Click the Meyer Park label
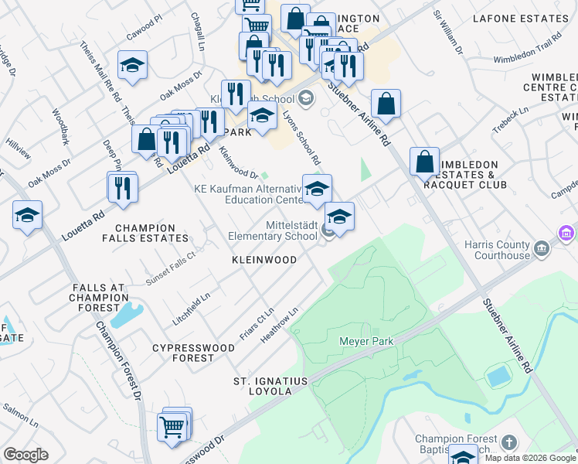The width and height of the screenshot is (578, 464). pos(366,341)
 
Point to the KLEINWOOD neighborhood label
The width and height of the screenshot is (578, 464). pos(264,260)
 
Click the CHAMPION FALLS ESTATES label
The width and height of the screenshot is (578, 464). pos(151,233)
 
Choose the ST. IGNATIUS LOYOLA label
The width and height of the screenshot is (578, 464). pos(270,387)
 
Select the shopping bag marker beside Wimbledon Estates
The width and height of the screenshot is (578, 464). pos(424,162)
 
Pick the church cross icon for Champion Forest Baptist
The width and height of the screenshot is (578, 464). pos(508,442)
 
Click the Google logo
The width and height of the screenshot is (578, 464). pos(25,455)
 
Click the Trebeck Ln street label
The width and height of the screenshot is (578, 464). pos(512,116)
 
